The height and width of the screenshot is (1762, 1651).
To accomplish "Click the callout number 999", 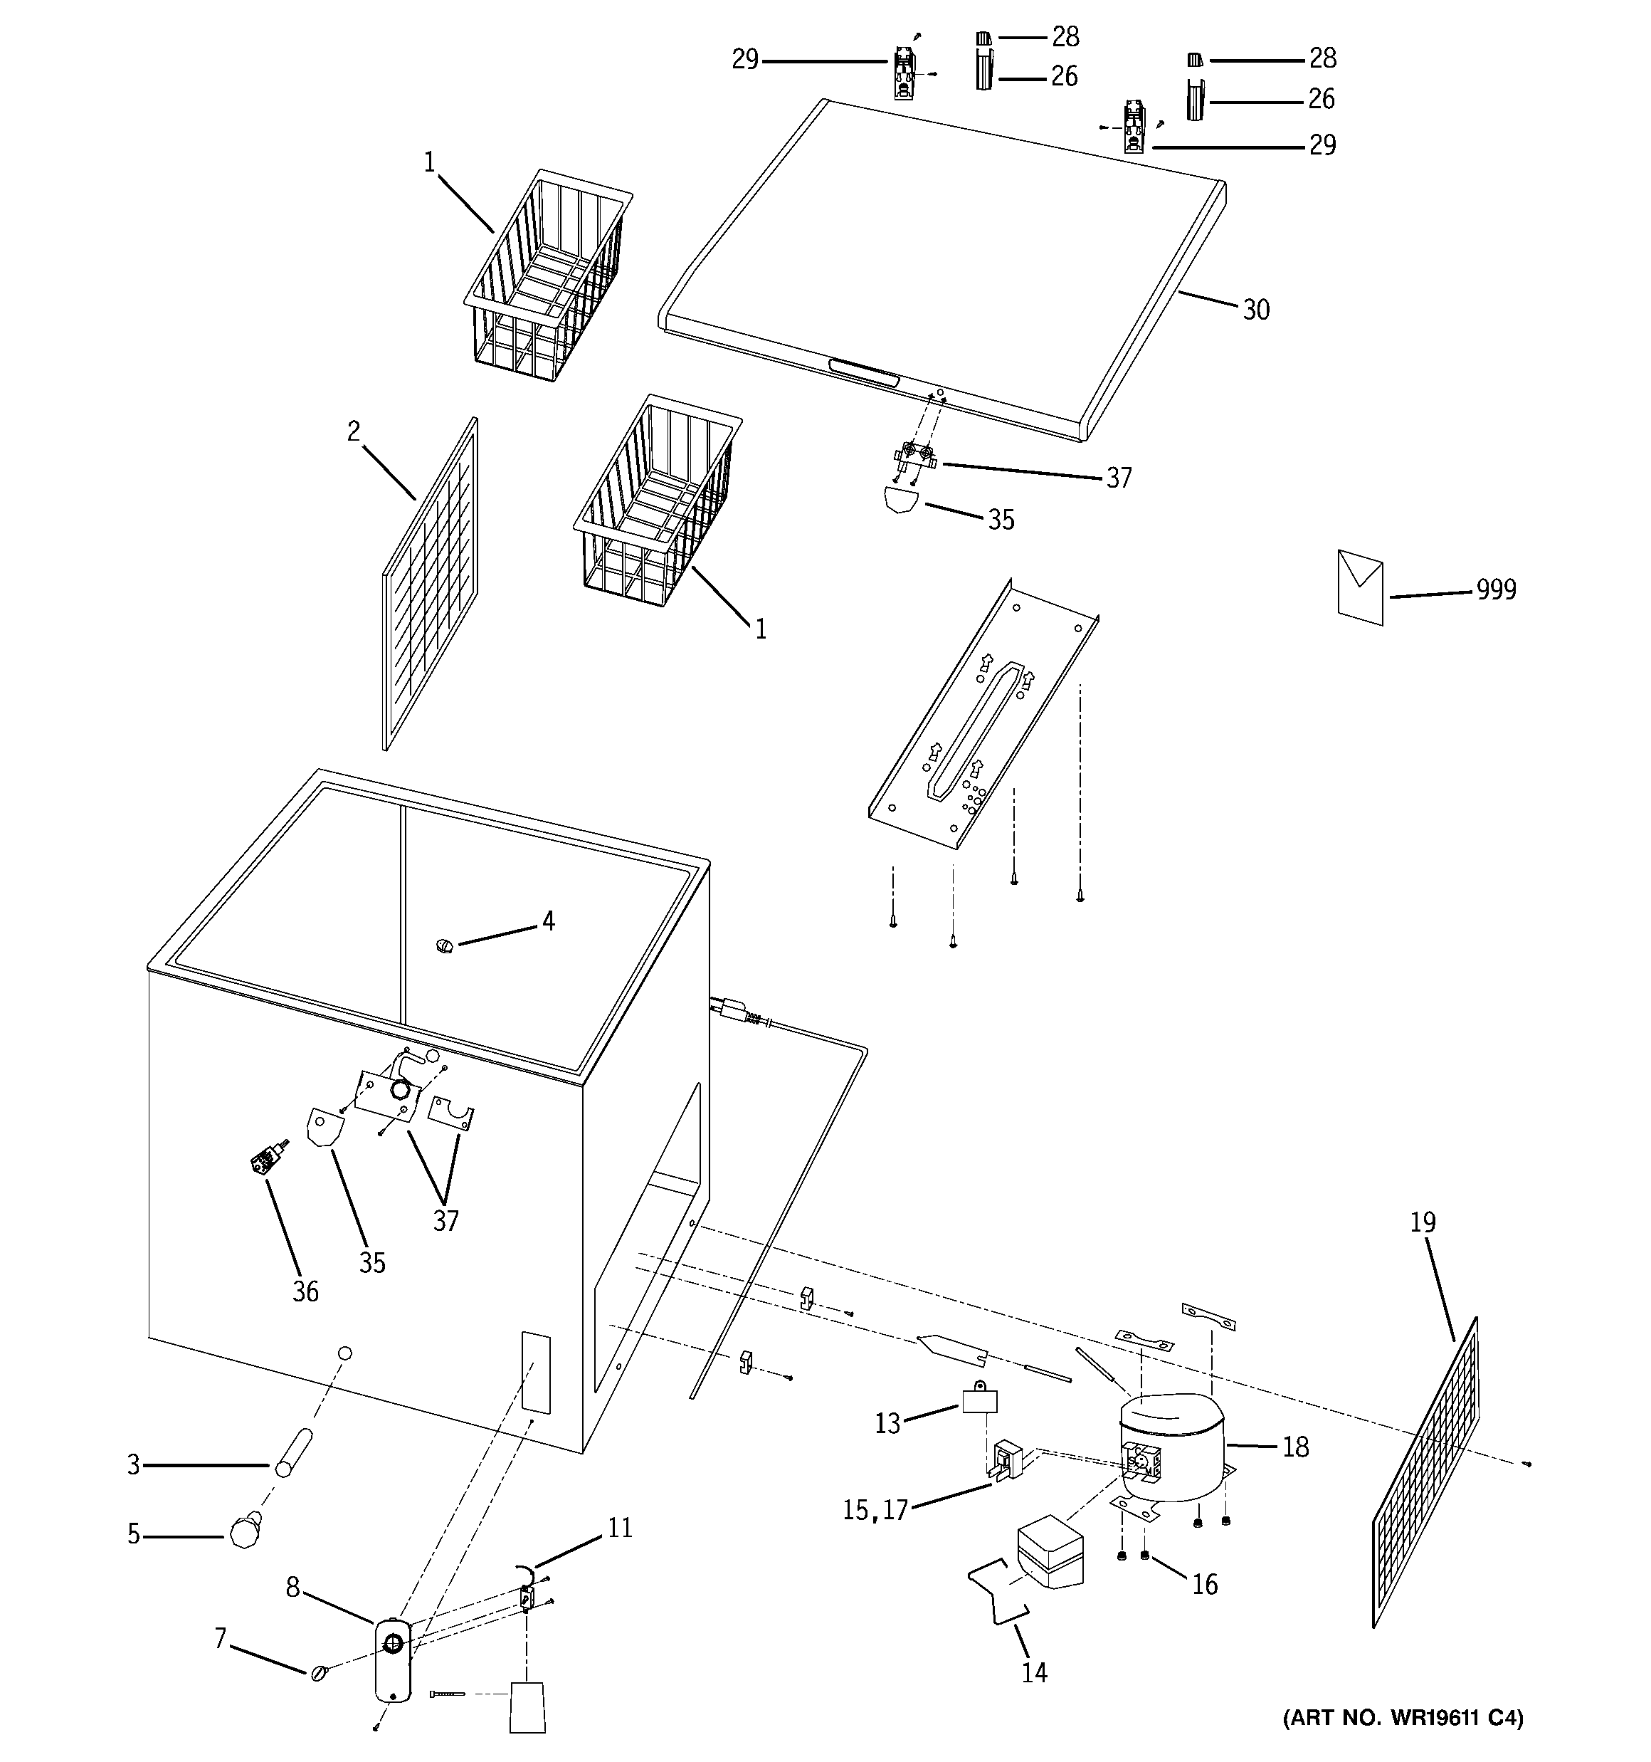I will coord(1496,589).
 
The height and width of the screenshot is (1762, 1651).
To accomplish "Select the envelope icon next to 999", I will coord(1359,587).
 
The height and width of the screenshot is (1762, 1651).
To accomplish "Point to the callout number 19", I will coord(1423,1222).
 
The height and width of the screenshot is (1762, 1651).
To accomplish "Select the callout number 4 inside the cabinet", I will coord(549,922).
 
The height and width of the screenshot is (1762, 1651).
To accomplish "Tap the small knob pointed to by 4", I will coord(444,948).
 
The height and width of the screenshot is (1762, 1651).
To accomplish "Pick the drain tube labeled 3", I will coord(293,1452).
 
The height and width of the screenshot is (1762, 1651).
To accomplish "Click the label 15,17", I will coord(875,1509).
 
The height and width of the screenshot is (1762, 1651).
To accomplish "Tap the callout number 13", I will coord(887,1422).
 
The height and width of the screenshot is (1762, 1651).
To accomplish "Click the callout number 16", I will coord(1204,1584).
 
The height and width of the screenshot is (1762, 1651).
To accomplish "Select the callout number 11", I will coord(619,1528).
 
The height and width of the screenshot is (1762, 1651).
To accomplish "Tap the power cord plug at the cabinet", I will coord(732,1010).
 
